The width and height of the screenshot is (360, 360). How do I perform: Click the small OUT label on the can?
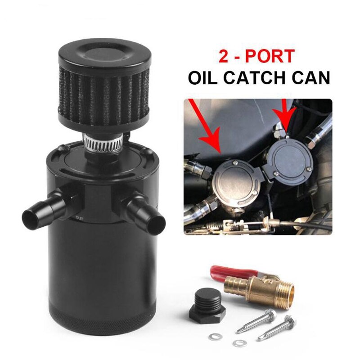point(79,219)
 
